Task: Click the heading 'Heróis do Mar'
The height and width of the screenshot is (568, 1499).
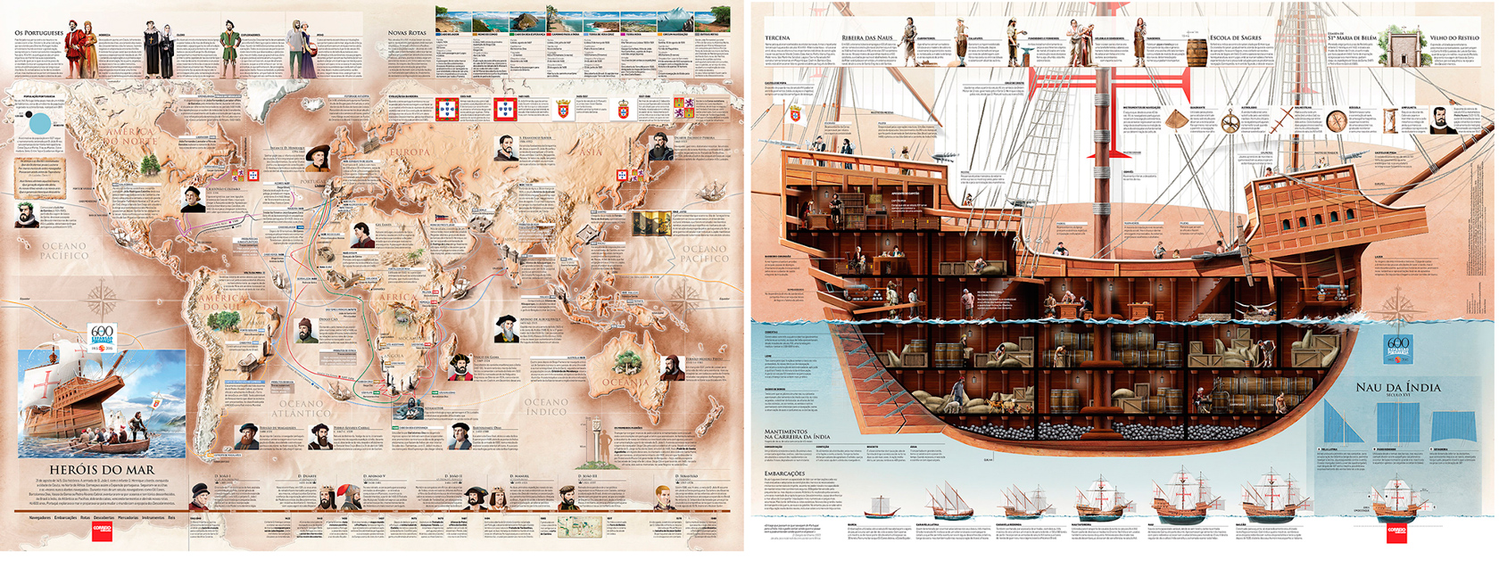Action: pos(102,469)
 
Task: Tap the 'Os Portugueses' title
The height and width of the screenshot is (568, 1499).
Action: pos(39,33)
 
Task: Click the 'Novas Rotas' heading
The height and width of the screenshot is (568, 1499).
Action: pos(407,33)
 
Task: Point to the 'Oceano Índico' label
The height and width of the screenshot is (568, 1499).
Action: pos(545,407)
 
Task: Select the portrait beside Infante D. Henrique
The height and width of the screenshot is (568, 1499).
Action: pos(317,158)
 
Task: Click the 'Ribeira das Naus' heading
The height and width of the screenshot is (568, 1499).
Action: pos(866,38)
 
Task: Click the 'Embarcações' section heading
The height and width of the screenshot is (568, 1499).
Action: pos(784,473)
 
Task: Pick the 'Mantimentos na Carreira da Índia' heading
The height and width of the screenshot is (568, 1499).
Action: pos(797,434)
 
